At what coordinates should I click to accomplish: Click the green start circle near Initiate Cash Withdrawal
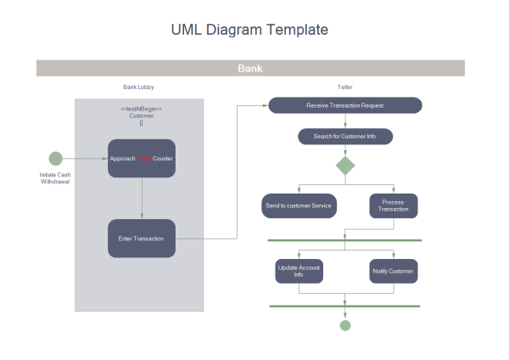click(x=56, y=158)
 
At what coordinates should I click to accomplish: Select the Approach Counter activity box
click(x=142, y=158)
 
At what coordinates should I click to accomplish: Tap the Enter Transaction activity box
click(x=142, y=239)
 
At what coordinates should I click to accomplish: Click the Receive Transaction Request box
click(x=345, y=105)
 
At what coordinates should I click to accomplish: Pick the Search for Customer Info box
click(x=345, y=136)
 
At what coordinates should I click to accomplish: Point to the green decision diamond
click(x=345, y=165)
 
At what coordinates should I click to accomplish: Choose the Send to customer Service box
click(x=299, y=205)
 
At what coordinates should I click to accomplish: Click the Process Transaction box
click(x=394, y=205)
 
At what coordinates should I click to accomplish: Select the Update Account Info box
click(x=299, y=271)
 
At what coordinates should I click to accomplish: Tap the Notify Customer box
click(x=394, y=271)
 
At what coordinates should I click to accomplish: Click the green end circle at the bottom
click(x=345, y=325)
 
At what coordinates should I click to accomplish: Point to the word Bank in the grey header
click(x=250, y=68)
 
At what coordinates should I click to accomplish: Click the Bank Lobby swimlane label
click(x=139, y=87)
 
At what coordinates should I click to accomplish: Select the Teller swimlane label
click(x=345, y=87)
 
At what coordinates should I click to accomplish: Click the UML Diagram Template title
click(x=249, y=30)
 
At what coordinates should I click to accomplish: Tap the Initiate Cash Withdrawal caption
click(x=55, y=178)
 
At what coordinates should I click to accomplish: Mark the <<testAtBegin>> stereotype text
click(x=141, y=109)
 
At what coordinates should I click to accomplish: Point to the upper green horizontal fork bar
click(x=345, y=240)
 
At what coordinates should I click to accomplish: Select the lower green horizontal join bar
click(x=345, y=306)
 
